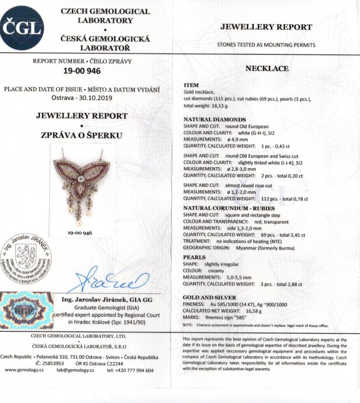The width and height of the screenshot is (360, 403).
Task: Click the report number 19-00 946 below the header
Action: pyautogui.click(x=82, y=71)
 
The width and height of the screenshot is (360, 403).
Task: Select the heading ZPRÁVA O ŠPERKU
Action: pyautogui.click(x=82, y=135)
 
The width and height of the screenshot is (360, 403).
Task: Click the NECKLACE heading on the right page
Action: pyautogui.click(x=266, y=69)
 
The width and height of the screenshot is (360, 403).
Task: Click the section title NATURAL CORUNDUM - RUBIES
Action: pyautogui.click(x=222, y=208)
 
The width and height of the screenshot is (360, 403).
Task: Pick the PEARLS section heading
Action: pyautogui.click(x=194, y=257)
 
